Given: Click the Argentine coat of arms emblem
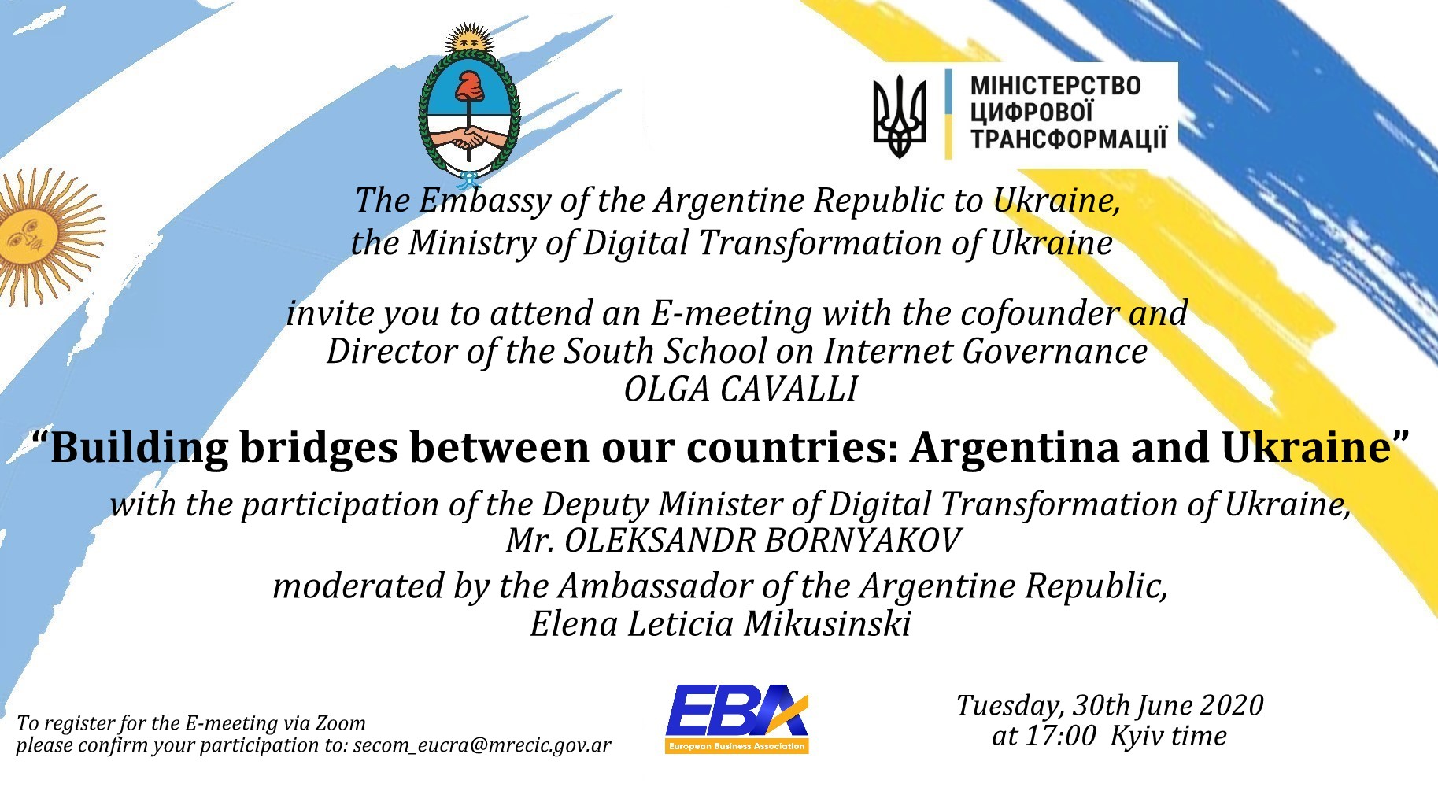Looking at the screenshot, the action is click(470, 107).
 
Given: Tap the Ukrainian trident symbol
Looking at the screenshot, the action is click(900, 116).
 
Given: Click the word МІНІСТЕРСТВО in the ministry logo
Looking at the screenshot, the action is click(1055, 86).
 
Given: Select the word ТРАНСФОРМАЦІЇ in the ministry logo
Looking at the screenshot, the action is click(1068, 139).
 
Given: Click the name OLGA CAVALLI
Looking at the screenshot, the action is click(741, 390).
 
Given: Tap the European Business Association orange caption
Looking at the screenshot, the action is click(737, 746).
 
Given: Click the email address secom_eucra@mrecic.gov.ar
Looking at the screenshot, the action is click(482, 745).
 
